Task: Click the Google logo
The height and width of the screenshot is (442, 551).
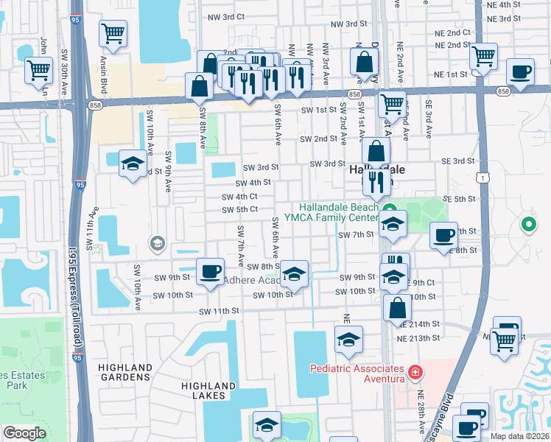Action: (24, 432)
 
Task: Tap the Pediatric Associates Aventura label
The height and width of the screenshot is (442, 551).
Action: (357, 373)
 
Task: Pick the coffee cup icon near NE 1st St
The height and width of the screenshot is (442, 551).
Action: (520, 72)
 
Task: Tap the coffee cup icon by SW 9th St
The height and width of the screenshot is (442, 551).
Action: (211, 270)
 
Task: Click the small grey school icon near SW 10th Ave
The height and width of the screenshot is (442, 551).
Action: (156, 242)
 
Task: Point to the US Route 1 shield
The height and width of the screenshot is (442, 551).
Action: (481, 178)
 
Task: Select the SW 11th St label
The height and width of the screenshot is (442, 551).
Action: (220, 312)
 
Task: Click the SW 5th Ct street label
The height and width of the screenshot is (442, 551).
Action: (240, 209)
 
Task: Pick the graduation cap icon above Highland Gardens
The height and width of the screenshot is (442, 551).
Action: (132, 164)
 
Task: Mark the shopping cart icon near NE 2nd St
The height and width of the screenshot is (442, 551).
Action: (483, 56)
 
